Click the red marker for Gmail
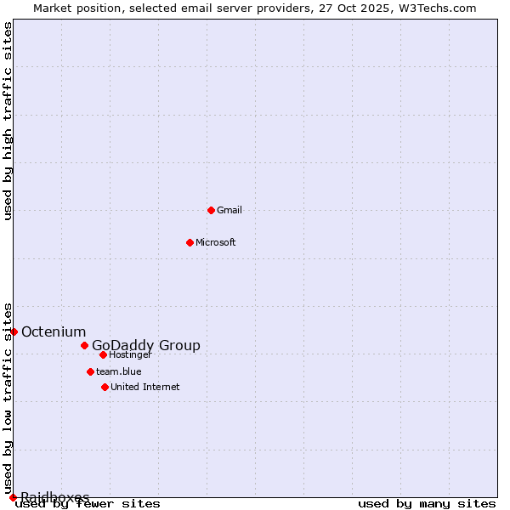point(211,210)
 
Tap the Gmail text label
point(229,210)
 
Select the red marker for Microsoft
point(190,242)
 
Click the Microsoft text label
point(216,242)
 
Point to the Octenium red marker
point(14,331)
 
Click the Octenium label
point(54,331)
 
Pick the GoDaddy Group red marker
point(84,345)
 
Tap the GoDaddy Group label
point(146,345)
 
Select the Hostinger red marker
point(103,354)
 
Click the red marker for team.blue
point(90,371)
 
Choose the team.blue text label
point(119,371)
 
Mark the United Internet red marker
point(105,387)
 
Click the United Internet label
point(145,387)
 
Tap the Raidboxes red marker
point(13,497)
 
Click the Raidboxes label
point(55,496)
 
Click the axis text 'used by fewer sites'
point(88,504)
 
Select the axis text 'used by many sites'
point(427,504)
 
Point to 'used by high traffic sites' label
point(8,121)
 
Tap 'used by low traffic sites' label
point(8,398)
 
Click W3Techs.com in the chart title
point(440,8)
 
